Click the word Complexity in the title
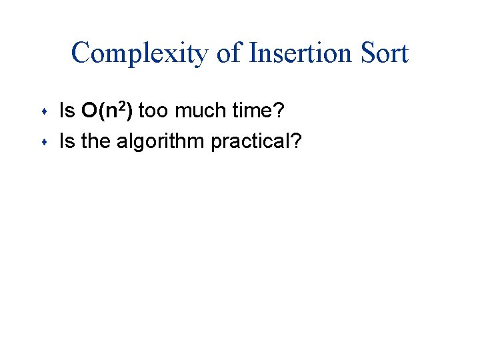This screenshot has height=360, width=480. click(140, 53)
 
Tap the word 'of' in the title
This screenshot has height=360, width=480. click(229, 53)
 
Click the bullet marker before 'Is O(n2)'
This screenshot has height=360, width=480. click(43, 111)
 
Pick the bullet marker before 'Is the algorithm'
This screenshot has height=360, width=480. click(43, 141)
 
